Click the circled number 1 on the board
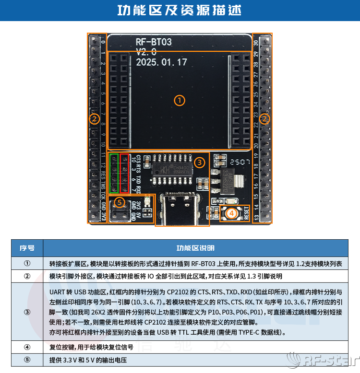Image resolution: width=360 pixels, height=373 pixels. pos(179,100)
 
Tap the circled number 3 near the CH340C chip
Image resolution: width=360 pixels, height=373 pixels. pos(200,163)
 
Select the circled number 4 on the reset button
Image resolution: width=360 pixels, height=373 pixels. pos(231,212)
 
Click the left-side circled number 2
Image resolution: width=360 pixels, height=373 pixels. pos(95,118)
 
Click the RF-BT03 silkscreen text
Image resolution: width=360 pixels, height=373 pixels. pos(154,42)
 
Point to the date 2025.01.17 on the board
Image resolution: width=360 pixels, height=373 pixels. pos(161,62)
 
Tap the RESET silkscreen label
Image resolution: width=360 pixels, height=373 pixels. pos(246,212)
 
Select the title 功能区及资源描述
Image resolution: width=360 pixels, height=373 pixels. pos(180,11)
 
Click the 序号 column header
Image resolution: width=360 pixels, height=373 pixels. pos(27,248)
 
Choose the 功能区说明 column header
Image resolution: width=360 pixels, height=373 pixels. pos(195,248)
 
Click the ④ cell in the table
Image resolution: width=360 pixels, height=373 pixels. pos(27,347)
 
